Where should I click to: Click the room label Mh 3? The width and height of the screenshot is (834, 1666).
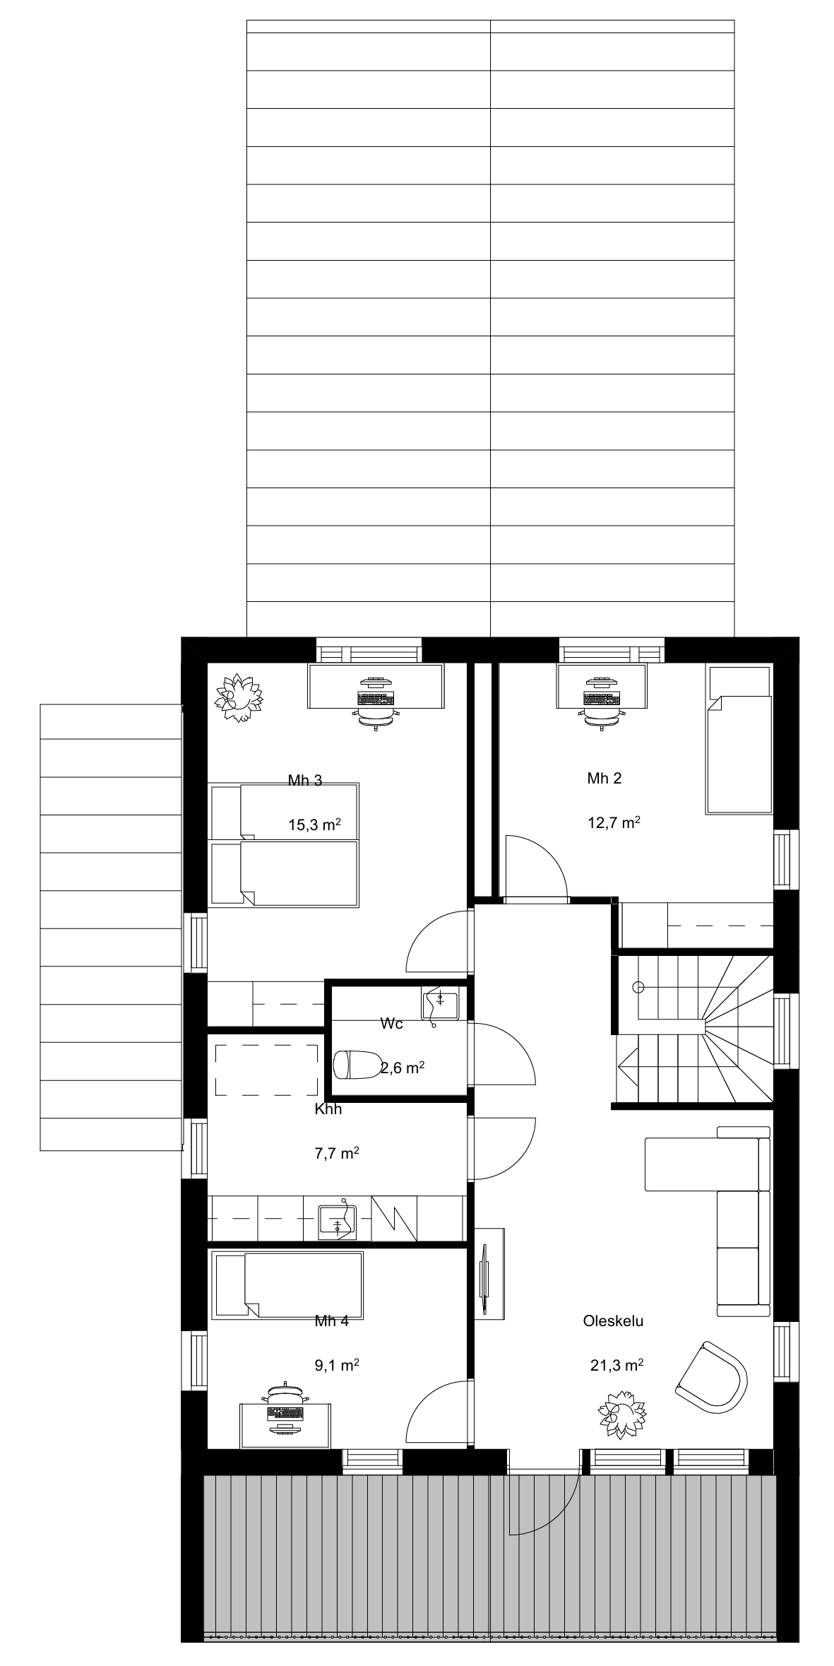coord(305,780)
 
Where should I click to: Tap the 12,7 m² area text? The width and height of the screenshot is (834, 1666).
coord(614,822)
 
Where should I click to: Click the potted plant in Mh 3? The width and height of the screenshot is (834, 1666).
coord(238,697)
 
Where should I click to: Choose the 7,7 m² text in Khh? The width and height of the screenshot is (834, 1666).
coord(337,1153)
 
